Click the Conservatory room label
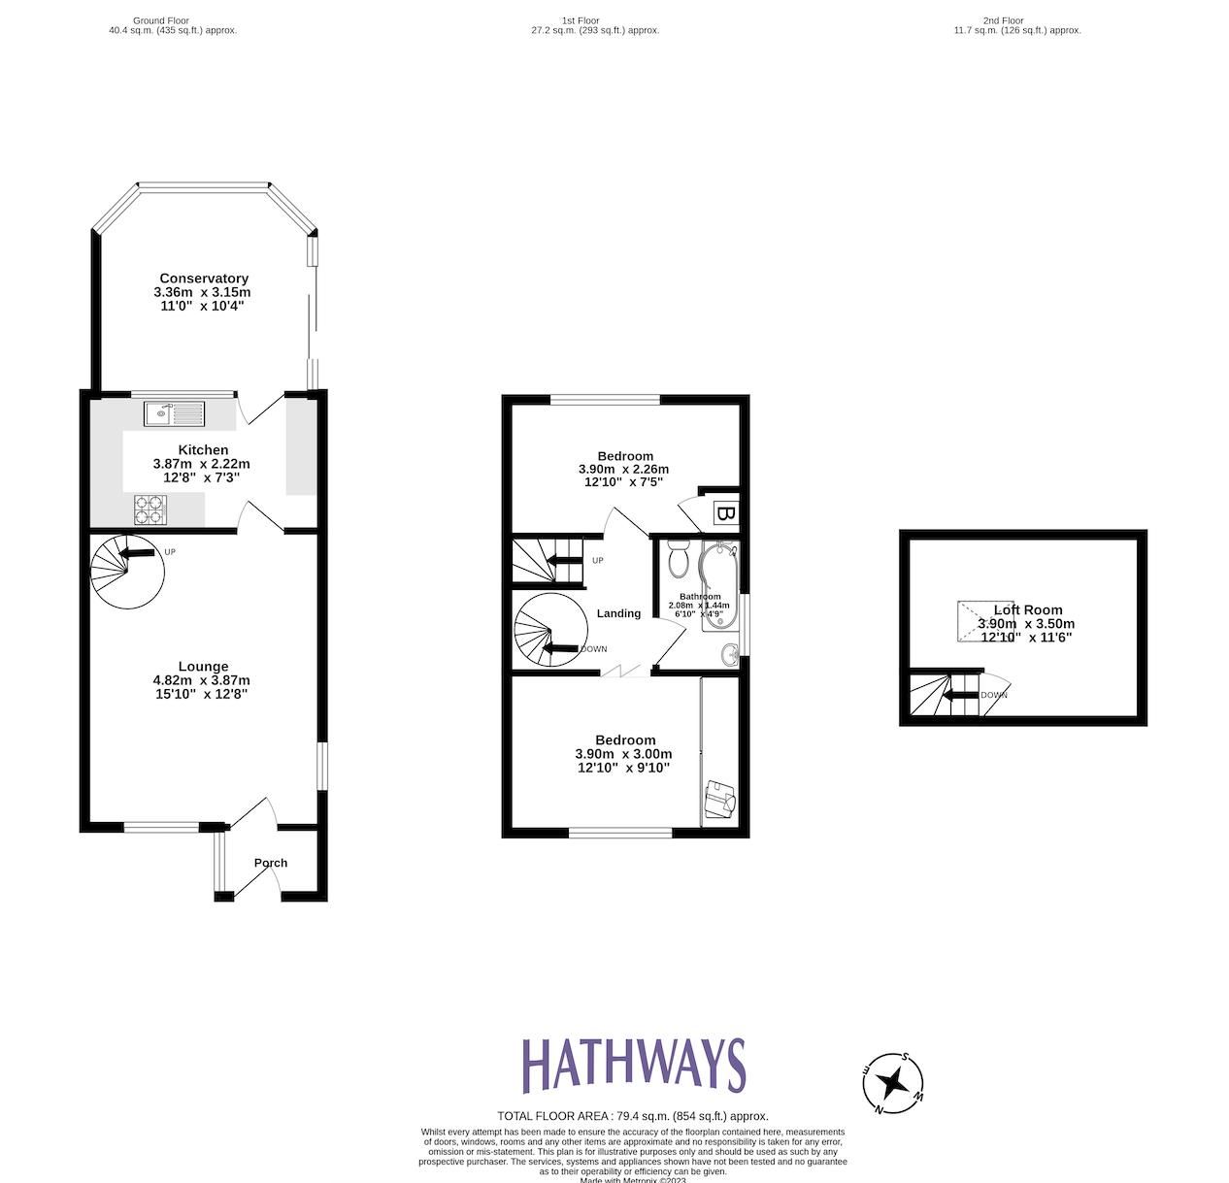tap(204, 279)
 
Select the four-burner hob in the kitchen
tap(149, 510)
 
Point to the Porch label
tap(271, 863)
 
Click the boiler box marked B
tap(724, 512)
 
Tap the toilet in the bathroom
tap(679, 559)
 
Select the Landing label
tap(618, 613)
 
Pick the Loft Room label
tap(1027, 610)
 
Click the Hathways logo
tap(633, 1065)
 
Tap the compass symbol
tap(893, 1082)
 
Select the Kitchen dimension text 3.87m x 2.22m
tap(201, 464)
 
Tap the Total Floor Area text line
tap(633, 1116)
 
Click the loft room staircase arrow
tap(961, 695)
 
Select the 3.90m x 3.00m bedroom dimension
tap(623, 754)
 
